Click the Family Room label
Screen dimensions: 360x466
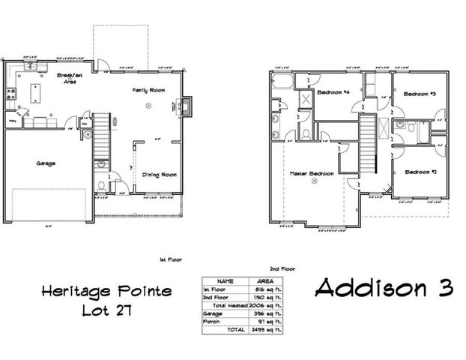tap(149, 90)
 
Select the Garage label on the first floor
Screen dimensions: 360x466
tap(46, 162)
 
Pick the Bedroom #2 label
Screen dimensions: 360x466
tap(420, 172)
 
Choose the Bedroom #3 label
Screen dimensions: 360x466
tap(420, 94)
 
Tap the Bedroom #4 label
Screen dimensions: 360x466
tap(333, 93)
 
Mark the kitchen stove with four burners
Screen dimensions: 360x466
tap(10, 94)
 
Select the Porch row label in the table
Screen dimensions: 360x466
tap(212, 321)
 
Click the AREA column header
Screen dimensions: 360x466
tap(264, 281)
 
